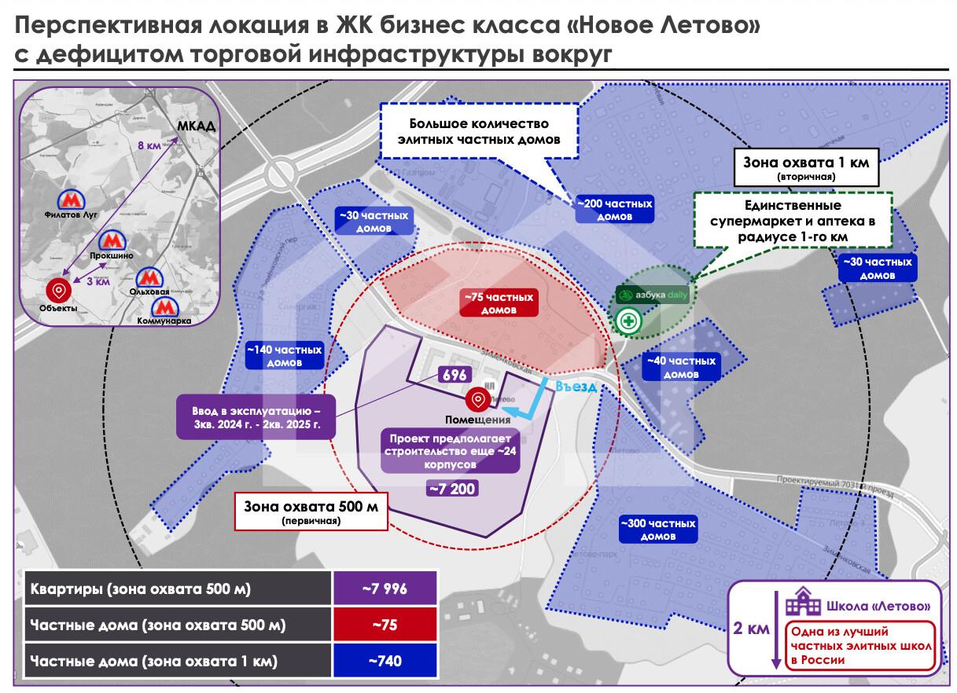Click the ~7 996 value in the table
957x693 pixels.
384,588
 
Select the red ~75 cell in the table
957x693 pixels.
384,625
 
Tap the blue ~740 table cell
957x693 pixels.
384,661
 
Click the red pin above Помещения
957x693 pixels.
476,400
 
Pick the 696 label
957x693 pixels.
455,376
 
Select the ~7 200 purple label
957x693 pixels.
451,489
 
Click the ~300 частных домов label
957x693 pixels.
657,530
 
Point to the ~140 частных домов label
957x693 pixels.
284,356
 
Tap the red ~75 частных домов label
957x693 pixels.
499,303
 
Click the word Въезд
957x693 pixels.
575,387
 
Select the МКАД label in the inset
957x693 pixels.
196,126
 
